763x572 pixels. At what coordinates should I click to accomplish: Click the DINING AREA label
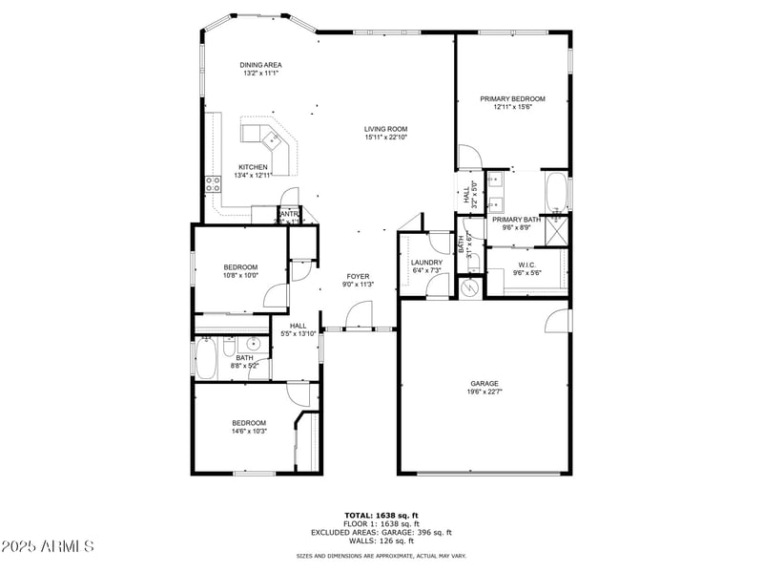click(x=261, y=65)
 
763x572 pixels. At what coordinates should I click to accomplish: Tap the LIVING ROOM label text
click(x=385, y=129)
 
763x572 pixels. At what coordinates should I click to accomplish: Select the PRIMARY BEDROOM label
click(x=512, y=98)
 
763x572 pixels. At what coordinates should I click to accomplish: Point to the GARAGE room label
click(x=485, y=383)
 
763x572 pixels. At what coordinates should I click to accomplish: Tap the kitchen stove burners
click(x=212, y=183)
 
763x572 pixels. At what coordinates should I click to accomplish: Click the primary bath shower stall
click(x=556, y=231)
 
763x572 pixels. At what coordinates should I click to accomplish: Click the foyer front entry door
click(x=360, y=315)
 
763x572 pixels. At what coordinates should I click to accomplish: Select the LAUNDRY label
click(x=426, y=263)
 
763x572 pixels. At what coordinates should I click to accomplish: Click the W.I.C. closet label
click(x=526, y=265)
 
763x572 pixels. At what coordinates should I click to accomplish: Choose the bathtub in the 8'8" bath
click(x=206, y=360)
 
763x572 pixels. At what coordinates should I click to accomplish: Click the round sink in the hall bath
click(x=255, y=345)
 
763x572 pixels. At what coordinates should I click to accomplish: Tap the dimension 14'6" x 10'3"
click(x=249, y=431)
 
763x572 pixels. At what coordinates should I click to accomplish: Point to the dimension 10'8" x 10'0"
click(x=240, y=275)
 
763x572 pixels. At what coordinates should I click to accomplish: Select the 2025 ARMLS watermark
click(x=48, y=546)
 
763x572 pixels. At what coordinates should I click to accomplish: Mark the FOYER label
click(x=358, y=276)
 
